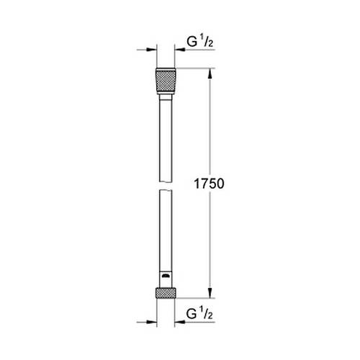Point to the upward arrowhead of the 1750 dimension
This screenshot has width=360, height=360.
click(211, 73)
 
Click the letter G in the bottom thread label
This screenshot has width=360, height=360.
click(190, 315)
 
